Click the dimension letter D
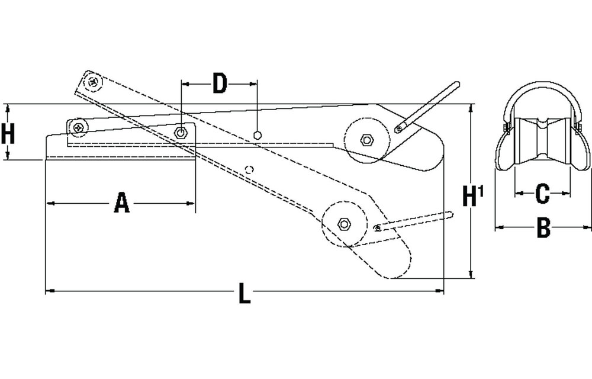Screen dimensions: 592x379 220,83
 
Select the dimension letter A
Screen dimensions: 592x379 121,203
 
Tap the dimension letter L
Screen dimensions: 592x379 244,294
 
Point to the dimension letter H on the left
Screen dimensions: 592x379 8,134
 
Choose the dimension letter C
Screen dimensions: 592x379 542,194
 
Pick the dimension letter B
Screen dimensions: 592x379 543,228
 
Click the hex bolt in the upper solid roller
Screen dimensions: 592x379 366,140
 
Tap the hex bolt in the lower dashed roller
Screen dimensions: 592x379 343,224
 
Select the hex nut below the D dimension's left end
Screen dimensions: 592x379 181,133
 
